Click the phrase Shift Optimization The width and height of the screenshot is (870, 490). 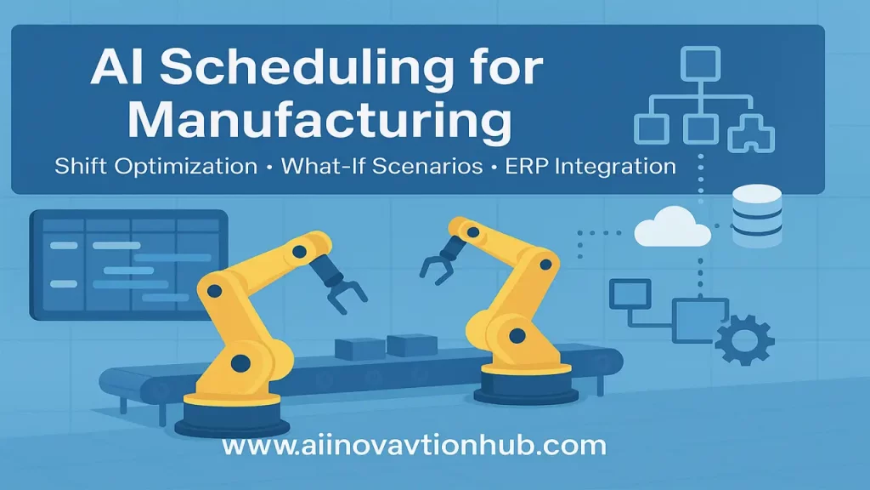point(155,165)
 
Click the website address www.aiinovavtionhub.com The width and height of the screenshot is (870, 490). point(414,446)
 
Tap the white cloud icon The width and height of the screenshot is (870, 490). point(670,227)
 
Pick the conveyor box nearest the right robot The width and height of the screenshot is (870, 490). point(411,344)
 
